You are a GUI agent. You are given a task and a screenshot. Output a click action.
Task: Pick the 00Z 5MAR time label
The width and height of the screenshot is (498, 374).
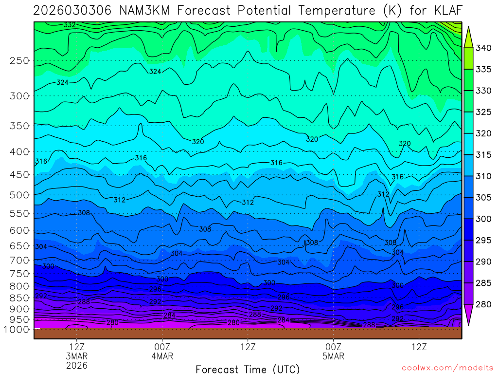click(333, 351)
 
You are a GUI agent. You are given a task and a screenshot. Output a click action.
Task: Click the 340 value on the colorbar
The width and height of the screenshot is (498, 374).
click(484, 48)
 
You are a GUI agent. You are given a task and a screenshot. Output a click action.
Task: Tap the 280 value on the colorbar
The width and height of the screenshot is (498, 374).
click(484, 305)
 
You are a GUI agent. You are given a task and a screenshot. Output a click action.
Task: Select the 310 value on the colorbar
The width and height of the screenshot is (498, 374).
click(484, 176)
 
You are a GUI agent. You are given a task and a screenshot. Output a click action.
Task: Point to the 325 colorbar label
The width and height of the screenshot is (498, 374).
click(484, 112)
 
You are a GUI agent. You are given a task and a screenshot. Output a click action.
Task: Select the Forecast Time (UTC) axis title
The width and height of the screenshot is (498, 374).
click(248, 369)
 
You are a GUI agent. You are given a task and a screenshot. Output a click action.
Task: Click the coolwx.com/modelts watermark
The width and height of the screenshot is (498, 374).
click(447, 368)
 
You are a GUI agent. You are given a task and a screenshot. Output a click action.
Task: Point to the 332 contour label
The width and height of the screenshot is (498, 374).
click(70, 24)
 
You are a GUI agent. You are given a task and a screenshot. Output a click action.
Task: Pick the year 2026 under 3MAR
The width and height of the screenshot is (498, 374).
click(77, 365)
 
